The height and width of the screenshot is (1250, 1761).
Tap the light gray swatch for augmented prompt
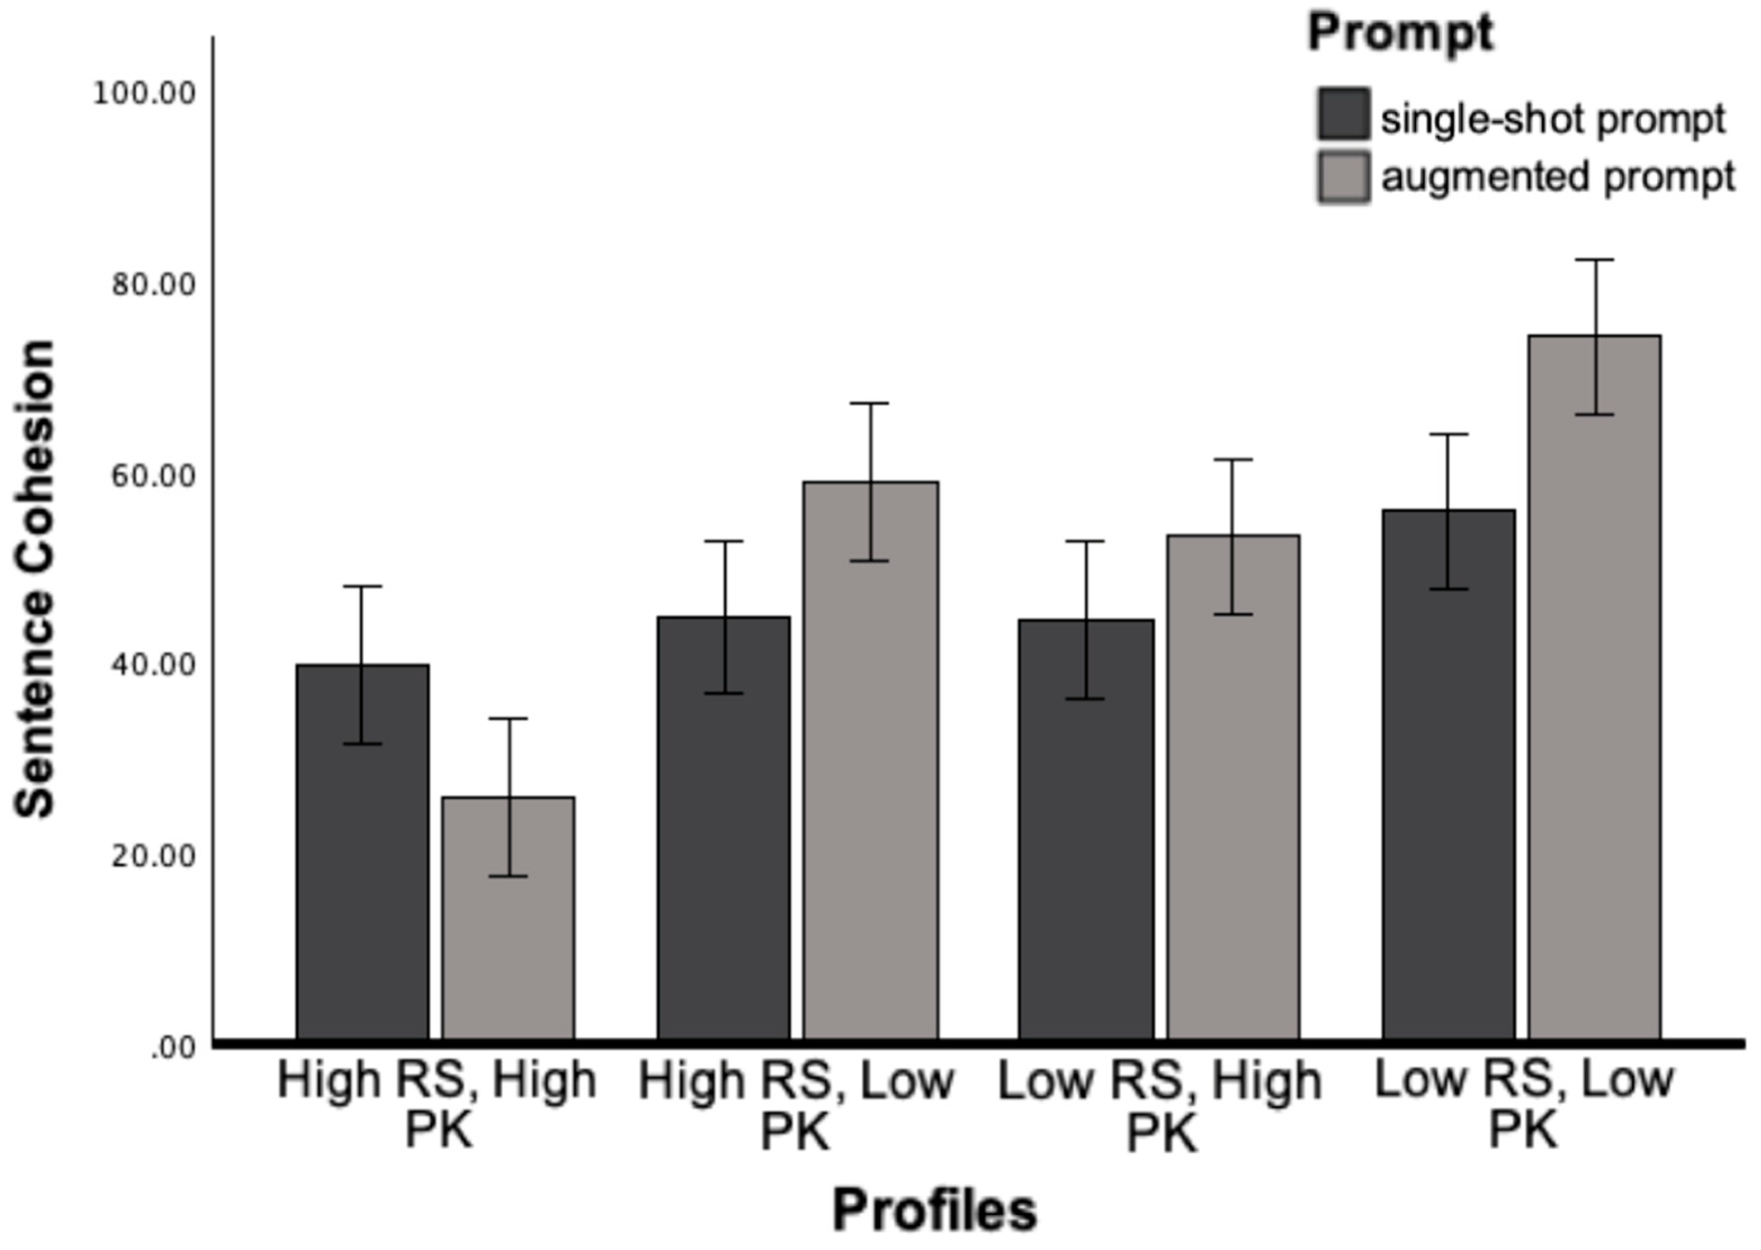(x=1343, y=178)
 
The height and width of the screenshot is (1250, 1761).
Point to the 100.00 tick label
(x=144, y=94)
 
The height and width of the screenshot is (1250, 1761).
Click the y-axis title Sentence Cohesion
(x=35, y=577)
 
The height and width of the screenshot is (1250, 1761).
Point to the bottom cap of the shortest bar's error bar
(x=508, y=876)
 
